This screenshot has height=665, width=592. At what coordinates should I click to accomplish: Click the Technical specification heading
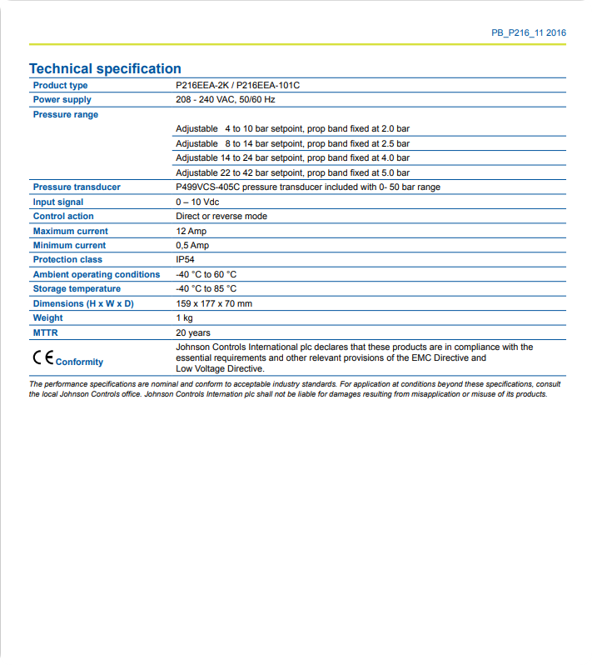105,68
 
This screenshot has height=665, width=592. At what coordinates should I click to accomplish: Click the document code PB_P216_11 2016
529,33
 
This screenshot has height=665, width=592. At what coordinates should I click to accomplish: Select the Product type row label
60,86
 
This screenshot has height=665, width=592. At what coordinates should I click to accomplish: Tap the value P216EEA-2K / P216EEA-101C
237,86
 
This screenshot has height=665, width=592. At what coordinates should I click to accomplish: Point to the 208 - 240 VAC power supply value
225,100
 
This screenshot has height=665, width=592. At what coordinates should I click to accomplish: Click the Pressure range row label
65,115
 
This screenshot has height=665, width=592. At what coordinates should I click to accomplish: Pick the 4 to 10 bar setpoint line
292,129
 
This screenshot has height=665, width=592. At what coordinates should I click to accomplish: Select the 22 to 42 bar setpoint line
292,172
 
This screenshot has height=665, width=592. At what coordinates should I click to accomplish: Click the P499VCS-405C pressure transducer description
307,187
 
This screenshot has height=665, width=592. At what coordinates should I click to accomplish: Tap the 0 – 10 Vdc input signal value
197,202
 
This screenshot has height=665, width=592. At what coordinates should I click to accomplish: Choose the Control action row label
63,217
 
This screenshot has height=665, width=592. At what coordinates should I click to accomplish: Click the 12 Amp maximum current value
191,232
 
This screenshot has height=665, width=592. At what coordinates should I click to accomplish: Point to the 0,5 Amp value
192,246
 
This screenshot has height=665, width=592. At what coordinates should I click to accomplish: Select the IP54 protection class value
185,260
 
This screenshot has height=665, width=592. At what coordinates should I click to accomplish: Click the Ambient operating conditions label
96,275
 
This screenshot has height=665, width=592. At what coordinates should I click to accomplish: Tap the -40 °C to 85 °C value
206,289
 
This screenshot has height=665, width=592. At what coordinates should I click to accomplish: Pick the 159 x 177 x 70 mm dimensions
214,304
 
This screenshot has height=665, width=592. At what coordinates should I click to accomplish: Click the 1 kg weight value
184,318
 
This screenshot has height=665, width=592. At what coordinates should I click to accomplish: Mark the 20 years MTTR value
192,333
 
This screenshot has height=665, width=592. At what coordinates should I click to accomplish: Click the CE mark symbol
42,358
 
